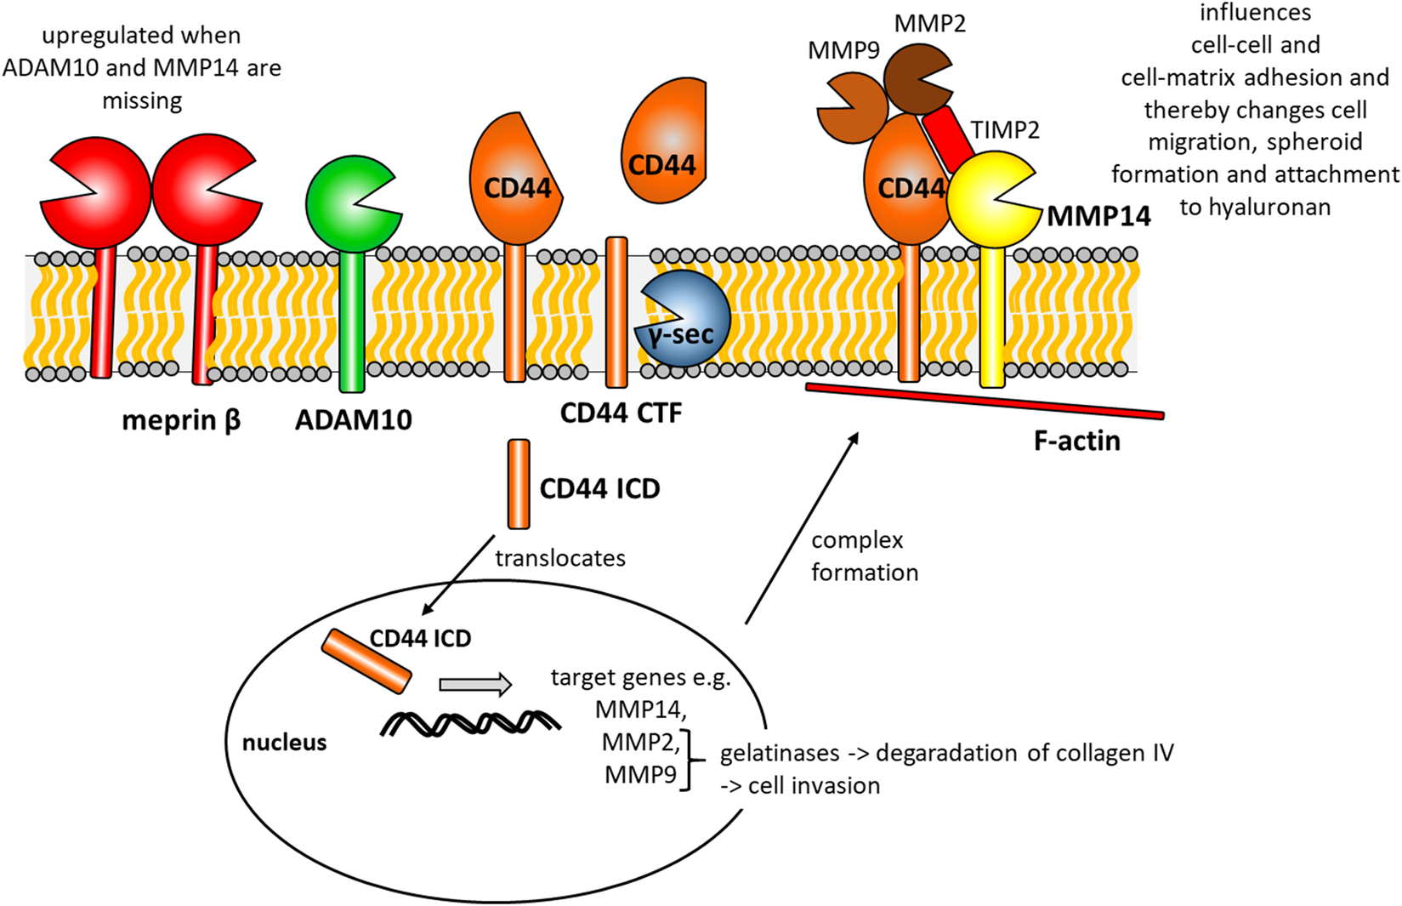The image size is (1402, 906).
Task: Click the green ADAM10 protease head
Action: click(352, 204)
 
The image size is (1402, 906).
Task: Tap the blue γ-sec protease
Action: click(683, 318)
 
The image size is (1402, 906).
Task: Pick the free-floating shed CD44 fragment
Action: click(663, 140)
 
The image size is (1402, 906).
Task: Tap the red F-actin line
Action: click(985, 402)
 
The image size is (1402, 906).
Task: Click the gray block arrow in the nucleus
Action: click(475, 684)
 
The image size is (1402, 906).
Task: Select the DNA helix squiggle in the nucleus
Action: click(471, 723)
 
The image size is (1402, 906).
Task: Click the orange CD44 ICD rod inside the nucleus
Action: click(366, 661)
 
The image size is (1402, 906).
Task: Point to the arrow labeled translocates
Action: click(458, 575)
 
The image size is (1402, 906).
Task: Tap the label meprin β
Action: click(181, 420)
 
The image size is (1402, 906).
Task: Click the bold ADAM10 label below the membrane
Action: click(354, 419)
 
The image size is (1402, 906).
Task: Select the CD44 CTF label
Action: click(621, 413)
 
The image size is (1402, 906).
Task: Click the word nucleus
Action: click(284, 742)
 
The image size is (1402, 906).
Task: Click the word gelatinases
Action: click(780, 753)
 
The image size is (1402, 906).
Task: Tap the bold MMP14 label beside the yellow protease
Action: click(1099, 216)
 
